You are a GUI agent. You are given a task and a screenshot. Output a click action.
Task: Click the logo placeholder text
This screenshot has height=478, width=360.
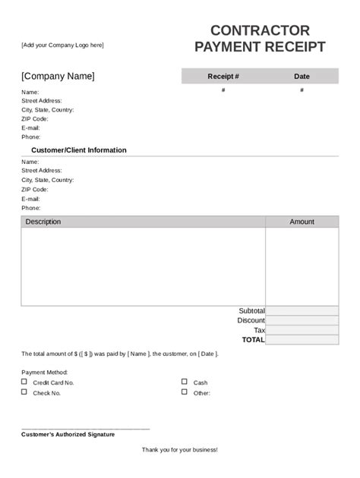pos(62,46)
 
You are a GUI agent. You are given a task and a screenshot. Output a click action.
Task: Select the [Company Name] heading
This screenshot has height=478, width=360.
pos(58,76)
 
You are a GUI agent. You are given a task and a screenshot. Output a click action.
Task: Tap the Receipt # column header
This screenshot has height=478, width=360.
pos(223,77)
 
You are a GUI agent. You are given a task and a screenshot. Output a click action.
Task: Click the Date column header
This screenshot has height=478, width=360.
pos(302,77)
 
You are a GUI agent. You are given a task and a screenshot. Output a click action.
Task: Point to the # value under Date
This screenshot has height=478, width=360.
pos(302,90)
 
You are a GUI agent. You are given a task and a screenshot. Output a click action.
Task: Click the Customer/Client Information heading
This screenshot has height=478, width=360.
pos(79,150)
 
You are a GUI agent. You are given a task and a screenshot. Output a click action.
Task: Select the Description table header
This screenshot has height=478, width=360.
pos(43,222)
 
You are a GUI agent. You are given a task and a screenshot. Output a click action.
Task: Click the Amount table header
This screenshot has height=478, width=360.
pos(302,222)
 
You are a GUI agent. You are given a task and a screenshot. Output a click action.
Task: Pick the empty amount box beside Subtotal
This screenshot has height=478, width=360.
pos(302,311)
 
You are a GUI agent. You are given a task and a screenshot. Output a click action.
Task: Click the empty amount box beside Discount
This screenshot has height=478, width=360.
pos(302,321)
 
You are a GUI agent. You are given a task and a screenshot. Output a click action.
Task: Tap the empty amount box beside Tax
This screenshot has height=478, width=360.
pos(302,331)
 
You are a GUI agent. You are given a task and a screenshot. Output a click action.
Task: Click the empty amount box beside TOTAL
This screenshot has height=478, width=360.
pos(302,340)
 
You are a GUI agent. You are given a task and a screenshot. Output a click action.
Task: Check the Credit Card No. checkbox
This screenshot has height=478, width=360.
pos(24,382)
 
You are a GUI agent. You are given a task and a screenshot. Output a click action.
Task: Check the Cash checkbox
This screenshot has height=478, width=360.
pos(185,382)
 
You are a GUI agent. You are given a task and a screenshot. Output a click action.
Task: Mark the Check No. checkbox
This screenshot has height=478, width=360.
pos(24,392)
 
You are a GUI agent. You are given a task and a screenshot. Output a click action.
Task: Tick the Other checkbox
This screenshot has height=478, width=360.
pos(185,392)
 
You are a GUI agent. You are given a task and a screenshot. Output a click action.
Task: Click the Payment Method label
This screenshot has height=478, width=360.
pos(45,373)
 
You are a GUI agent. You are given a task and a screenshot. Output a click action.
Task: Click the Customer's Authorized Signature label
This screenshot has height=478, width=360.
pos(68,435)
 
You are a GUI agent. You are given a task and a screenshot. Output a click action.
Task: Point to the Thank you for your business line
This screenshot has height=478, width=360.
pos(180,450)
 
